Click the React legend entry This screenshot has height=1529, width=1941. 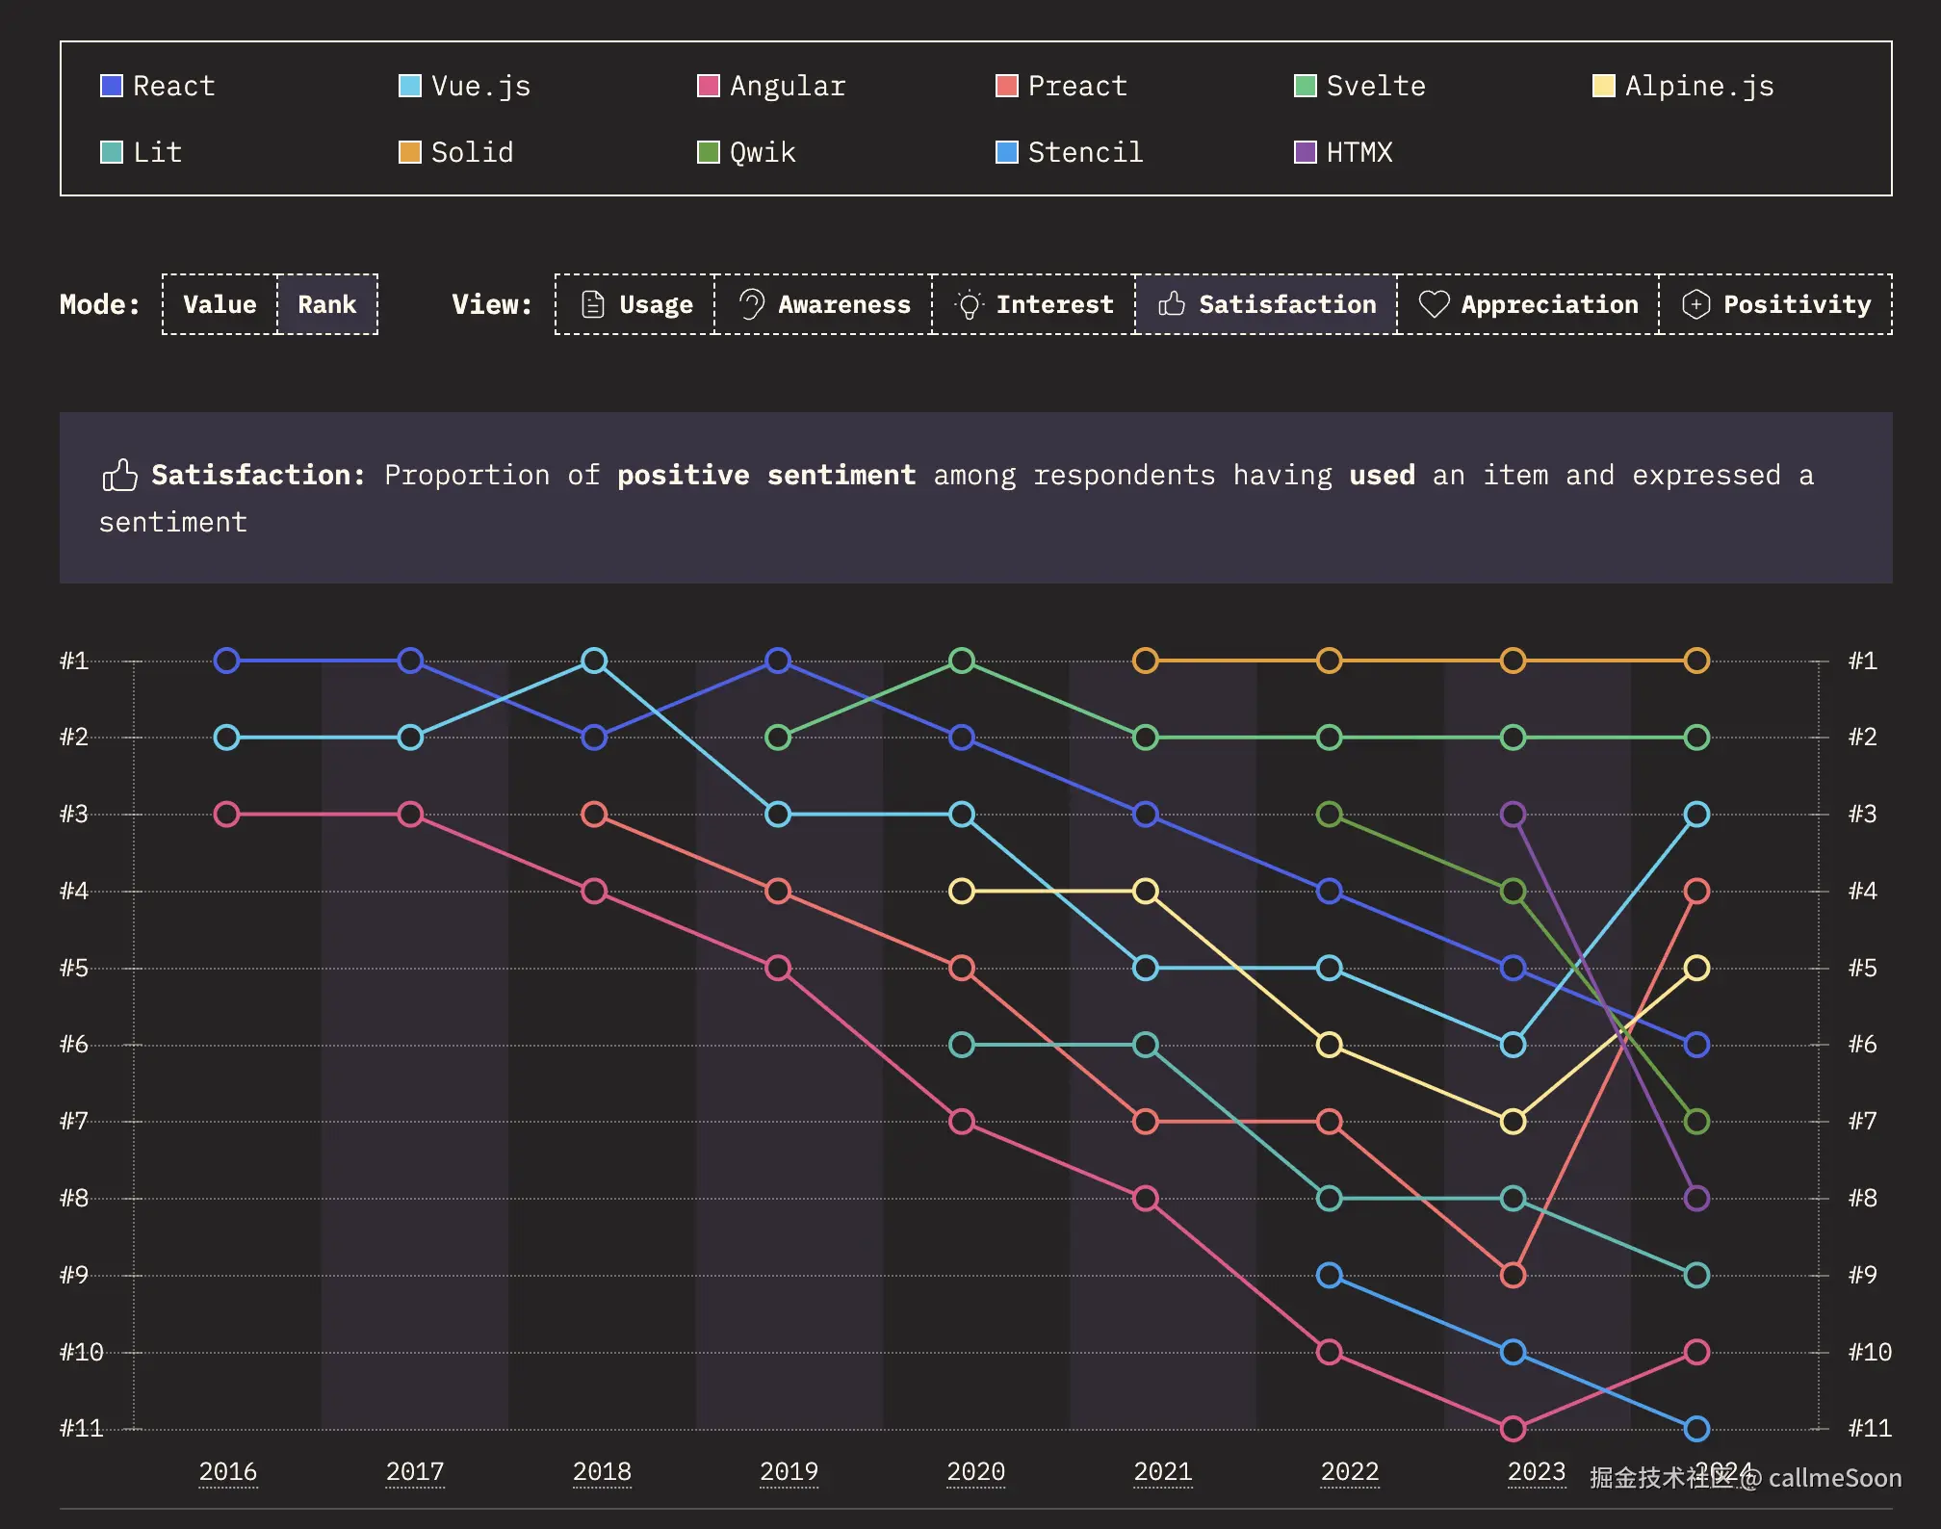point(159,86)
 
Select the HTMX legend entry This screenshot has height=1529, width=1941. point(1344,152)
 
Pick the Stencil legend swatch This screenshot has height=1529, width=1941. point(1006,152)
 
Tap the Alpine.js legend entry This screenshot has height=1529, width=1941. point(1684,86)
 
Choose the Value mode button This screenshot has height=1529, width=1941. point(220,304)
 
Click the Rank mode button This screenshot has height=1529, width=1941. point(326,304)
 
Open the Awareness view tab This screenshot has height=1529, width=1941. point(824,304)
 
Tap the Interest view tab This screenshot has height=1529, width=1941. point(1034,304)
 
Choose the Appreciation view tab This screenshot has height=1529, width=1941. point(1528,304)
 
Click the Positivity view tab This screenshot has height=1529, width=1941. point(1776,304)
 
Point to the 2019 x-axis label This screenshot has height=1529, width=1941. point(789,1471)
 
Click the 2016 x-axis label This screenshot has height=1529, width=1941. point(228,1471)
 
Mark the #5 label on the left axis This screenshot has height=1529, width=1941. point(74,968)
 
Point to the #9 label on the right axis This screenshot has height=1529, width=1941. point(1862,1275)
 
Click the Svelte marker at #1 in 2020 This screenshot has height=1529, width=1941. point(962,661)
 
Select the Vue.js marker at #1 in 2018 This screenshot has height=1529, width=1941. point(594,661)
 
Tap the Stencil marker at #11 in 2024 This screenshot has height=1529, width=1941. point(1696,1428)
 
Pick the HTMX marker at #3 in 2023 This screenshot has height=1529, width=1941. point(1513,815)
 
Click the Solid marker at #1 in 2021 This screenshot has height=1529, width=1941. point(1145,661)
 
